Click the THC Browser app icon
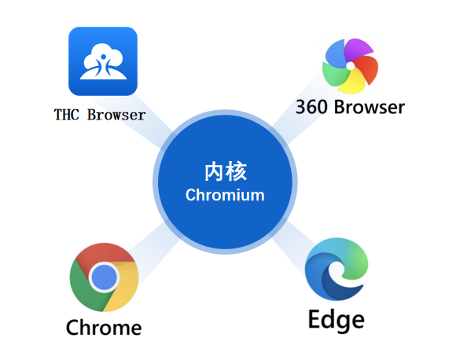[103, 61]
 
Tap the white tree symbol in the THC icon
[103, 59]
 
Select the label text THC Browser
[100, 115]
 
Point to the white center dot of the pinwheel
[350, 66]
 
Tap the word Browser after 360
[369, 106]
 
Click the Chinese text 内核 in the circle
[225, 171]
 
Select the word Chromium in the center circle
[225, 194]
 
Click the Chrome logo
[105, 277]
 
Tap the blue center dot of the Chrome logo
[105, 277]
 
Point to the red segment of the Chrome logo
[105, 256]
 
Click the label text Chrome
[104, 327]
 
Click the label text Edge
[336, 320]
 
